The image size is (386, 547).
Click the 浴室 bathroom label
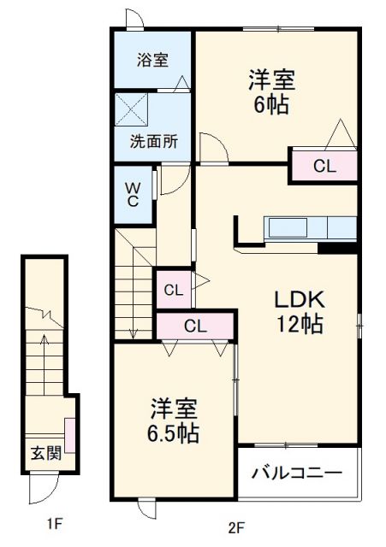click(x=153, y=60)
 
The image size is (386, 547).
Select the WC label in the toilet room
click(x=134, y=193)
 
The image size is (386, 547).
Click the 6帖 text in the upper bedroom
click(x=272, y=105)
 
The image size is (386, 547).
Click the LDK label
click(x=298, y=300)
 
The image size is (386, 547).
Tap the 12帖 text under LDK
click(x=298, y=325)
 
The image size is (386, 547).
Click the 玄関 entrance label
click(x=45, y=454)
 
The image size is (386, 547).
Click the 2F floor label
click(x=236, y=526)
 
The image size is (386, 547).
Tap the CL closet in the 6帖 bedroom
click(x=324, y=167)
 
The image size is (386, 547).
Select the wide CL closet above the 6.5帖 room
click(x=195, y=326)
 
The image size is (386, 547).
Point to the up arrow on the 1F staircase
click(x=49, y=342)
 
